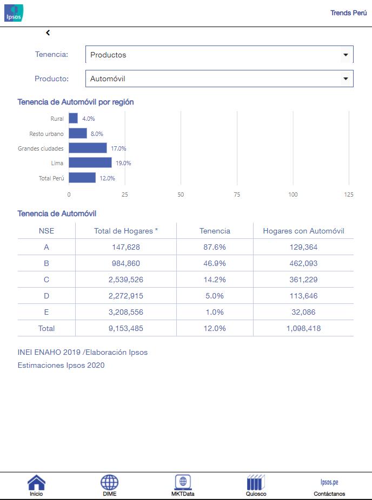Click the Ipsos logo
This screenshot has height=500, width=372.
click(x=14, y=13)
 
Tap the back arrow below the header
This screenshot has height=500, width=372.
click(x=48, y=33)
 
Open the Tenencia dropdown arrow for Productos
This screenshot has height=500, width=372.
click(x=346, y=55)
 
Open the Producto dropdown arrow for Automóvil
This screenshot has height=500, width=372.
click(x=346, y=79)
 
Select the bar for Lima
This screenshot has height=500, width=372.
click(x=90, y=163)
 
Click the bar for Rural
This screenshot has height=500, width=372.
click(x=73, y=118)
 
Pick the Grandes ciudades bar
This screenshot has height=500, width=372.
click(x=88, y=148)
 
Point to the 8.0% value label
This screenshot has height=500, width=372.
click(x=97, y=134)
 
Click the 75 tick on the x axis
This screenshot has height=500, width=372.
click(x=237, y=194)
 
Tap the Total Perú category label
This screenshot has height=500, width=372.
click(x=51, y=178)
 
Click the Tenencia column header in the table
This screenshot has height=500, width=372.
click(x=215, y=231)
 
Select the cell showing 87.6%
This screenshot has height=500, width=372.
click(x=215, y=247)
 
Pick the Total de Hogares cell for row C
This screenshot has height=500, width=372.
click(x=125, y=280)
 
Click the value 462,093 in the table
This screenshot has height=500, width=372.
click(x=303, y=263)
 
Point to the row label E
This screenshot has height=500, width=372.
click(x=46, y=312)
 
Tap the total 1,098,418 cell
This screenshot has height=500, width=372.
click(x=303, y=328)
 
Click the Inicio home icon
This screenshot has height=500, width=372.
click(x=36, y=483)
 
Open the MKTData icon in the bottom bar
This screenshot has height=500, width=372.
click(x=183, y=483)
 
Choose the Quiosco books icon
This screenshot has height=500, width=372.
click(x=256, y=483)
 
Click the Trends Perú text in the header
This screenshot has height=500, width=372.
click(x=348, y=13)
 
